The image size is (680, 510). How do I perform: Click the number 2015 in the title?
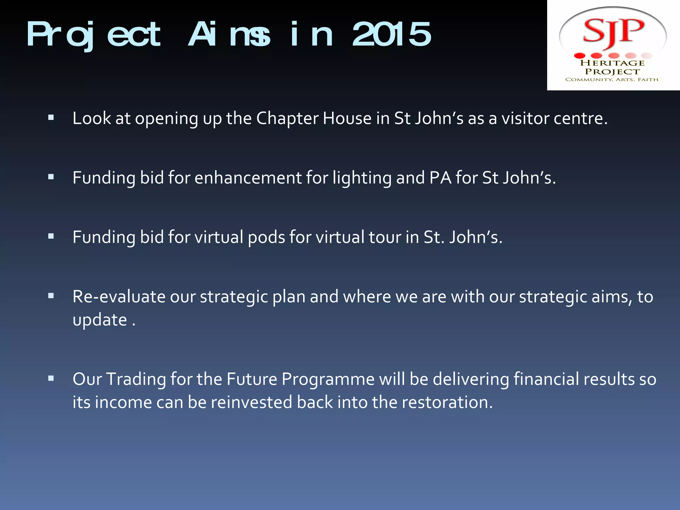point(392,34)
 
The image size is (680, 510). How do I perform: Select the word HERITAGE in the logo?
point(612,63)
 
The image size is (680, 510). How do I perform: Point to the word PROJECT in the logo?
point(612,72)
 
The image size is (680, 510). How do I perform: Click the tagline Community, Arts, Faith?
point(612,80)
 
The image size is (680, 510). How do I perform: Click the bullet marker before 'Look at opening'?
point(51,117)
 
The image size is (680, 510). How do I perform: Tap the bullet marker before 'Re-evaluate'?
point(51,296)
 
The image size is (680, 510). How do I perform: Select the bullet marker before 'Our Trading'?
point(51,378)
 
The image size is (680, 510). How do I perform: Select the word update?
point(100,320)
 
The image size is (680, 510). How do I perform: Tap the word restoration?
point(447,402)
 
